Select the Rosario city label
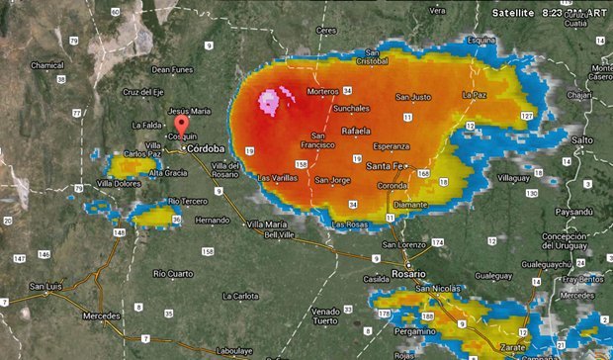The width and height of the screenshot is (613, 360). coord(407,273)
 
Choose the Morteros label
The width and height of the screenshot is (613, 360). coord(322,91)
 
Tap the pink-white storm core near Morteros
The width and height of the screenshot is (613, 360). coord(271,100)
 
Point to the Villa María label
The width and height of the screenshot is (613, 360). coord(268,225)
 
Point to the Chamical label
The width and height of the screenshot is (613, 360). coord(47,65)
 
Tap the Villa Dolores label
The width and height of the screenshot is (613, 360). coord(118,183)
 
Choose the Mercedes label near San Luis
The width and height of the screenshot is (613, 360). coord(101,315)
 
